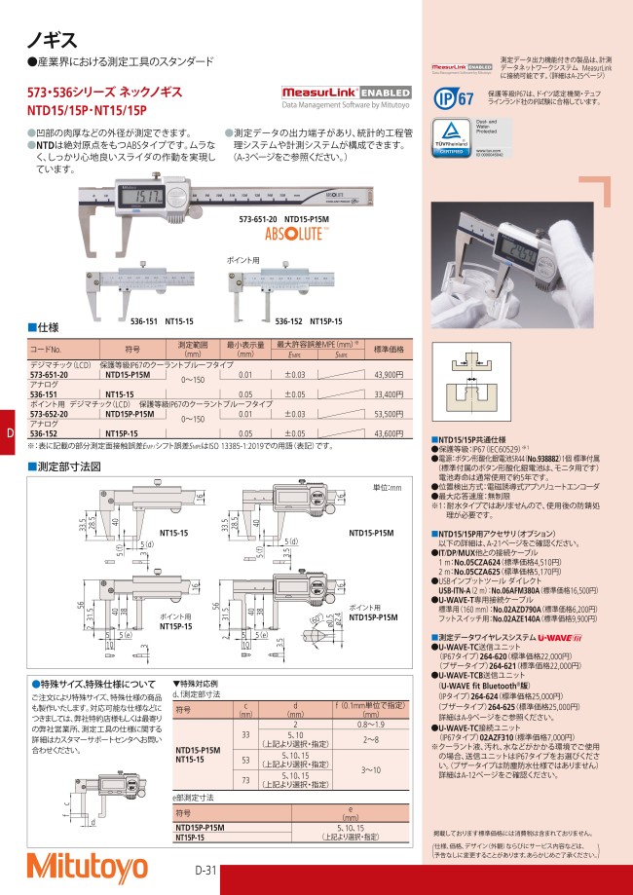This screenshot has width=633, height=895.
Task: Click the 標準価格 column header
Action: point(389,349)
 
